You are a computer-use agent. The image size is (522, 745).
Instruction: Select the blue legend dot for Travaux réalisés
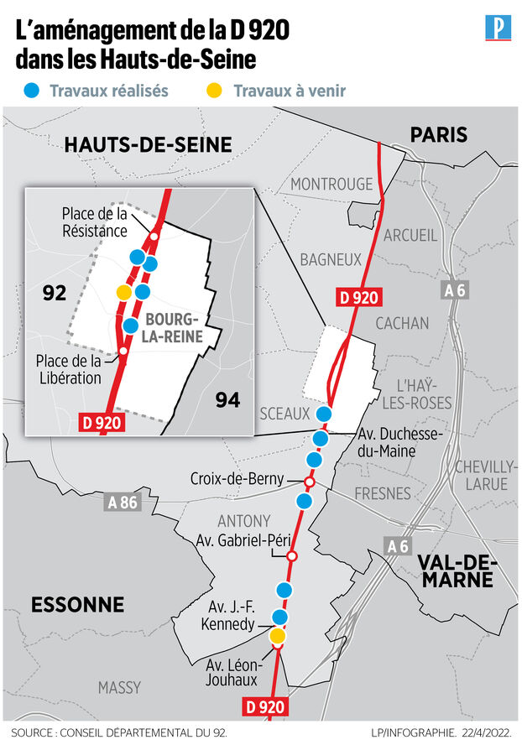[31, 91]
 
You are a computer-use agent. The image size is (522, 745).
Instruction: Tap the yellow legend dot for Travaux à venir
[215, 91]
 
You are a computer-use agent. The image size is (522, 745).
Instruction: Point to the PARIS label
[438, 134]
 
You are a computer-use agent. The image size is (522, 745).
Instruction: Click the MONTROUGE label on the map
[331, 184]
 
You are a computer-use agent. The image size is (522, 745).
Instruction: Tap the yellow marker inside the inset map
[123, 292]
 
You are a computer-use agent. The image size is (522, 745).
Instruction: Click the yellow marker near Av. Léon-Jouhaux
[277, 636]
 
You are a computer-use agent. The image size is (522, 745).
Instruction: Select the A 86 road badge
[122, 503]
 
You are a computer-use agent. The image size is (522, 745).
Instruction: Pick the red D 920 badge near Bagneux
[358, 296]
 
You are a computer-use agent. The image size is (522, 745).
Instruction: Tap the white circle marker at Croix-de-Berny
[309, 482]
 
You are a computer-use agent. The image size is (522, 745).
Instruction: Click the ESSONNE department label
[77, 604]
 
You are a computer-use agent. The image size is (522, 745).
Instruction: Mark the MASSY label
[119, 688]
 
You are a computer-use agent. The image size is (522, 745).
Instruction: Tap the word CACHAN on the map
[402, 323]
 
